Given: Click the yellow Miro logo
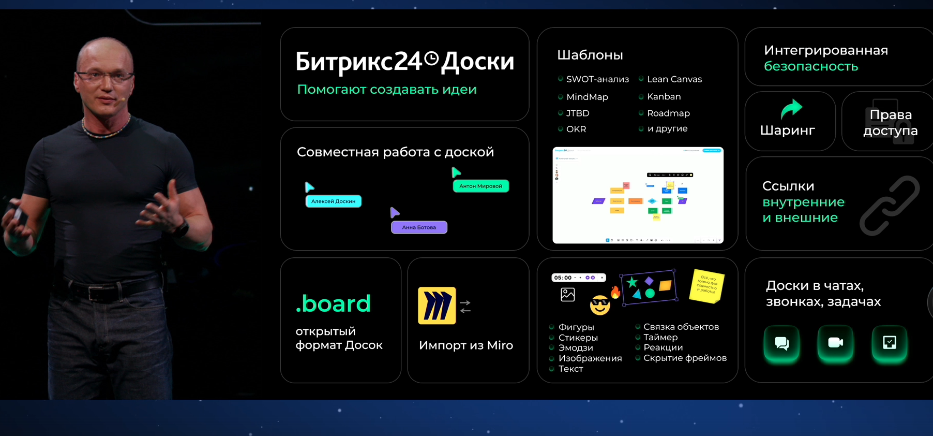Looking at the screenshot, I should (437, 306).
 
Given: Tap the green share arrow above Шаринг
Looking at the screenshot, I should (791, 108).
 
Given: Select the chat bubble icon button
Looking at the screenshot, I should (781, 343).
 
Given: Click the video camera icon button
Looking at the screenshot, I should (835, 343).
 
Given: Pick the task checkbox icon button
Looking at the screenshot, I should (889, 343).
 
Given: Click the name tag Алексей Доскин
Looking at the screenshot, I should (334, 201).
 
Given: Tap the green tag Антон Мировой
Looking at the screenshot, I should (480, 186).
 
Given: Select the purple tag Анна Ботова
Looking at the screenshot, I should (419, 227).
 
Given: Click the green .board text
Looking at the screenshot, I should (333, 304).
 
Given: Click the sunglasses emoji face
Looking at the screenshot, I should (600, 305).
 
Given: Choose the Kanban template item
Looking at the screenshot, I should (664, 97).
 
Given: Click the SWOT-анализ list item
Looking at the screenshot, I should (597, 79).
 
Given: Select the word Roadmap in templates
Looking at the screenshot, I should (668, 113).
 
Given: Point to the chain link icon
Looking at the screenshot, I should (890, 206).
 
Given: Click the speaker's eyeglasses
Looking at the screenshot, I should (104, 77).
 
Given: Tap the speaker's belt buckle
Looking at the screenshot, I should (95, 293).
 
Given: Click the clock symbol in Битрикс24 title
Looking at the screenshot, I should (431, 59).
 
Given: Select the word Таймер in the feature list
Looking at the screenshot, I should (660, 337).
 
